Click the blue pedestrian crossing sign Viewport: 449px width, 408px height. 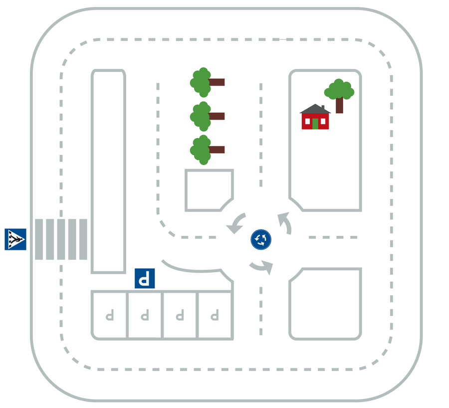[15, 239]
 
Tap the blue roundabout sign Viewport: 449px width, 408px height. [261, 239]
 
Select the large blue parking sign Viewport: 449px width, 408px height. [145, 278]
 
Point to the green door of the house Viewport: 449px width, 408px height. [315, 123]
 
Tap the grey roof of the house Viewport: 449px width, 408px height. [315, 109]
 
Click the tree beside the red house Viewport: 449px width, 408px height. [339, 93]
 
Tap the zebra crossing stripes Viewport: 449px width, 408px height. [61, 239]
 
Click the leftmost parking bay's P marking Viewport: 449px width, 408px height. [110, 315]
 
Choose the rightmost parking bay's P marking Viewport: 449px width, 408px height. [215, 315]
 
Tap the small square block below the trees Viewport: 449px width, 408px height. [209, 190]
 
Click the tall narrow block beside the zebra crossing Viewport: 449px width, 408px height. [108, 171]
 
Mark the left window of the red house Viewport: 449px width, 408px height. [308, 121]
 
